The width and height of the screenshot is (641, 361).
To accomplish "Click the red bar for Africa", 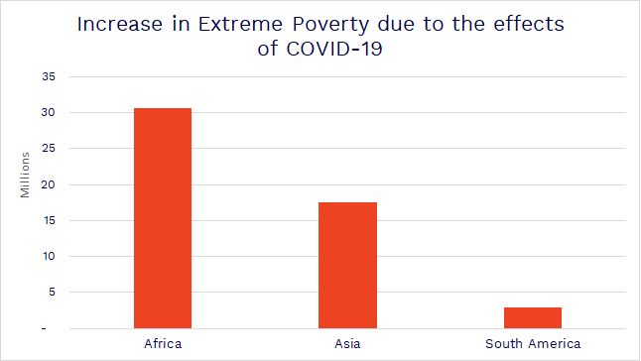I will pyautogui.click(x=163, y=218).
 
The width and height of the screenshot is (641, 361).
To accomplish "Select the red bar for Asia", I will pyautogui.click(x=347, y=265).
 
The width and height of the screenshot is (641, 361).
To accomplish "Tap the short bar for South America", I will pyautogui.click(x=532, y=317).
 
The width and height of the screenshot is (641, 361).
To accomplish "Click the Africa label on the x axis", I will pyautogui.click(x=163, y=344).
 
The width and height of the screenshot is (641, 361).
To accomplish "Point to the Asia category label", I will pyautogui.click(x=347, y=344).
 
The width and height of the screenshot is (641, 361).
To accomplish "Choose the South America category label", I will pyautogui.click(x=532, y=344).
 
